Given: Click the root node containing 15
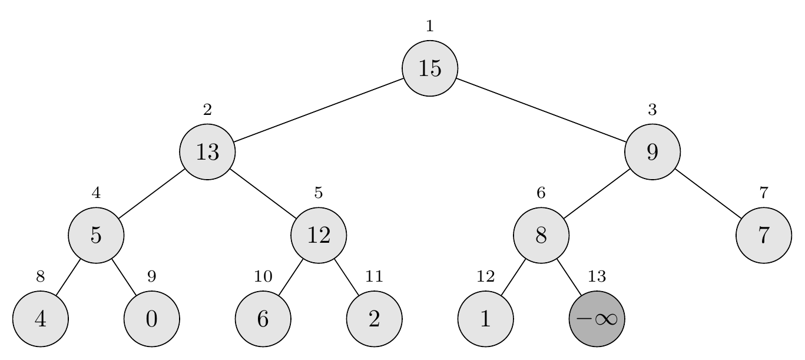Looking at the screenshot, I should click(430, 68).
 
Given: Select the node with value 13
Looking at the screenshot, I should click(207, 152).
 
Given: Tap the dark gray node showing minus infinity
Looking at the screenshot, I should click(597, 319).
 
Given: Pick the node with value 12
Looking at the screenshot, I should click(319, 235).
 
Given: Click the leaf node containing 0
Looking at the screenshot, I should click(151, 319).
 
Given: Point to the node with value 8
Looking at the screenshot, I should click(541, 235).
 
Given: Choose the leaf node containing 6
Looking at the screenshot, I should click(263, 319).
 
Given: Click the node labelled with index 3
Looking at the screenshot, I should click(652, 152).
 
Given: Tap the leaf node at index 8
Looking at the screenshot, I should click(40, 319).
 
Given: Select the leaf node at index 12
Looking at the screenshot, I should click(485, 319).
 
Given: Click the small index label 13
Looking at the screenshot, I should click(597, 276).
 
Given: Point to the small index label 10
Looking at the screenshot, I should click(263, 276).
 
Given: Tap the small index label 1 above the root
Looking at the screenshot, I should click(430, 26).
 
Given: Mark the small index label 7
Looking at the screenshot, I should click(764, 193).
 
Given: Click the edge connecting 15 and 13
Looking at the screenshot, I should click(319, 110).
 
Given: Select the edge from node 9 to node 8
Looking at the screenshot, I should click(597, 194).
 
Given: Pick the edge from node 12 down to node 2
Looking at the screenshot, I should click(346, 277).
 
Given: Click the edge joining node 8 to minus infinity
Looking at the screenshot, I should click(569, 277).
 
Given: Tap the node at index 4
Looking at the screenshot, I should click(96, 235).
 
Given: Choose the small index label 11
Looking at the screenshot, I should click(374, 276).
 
